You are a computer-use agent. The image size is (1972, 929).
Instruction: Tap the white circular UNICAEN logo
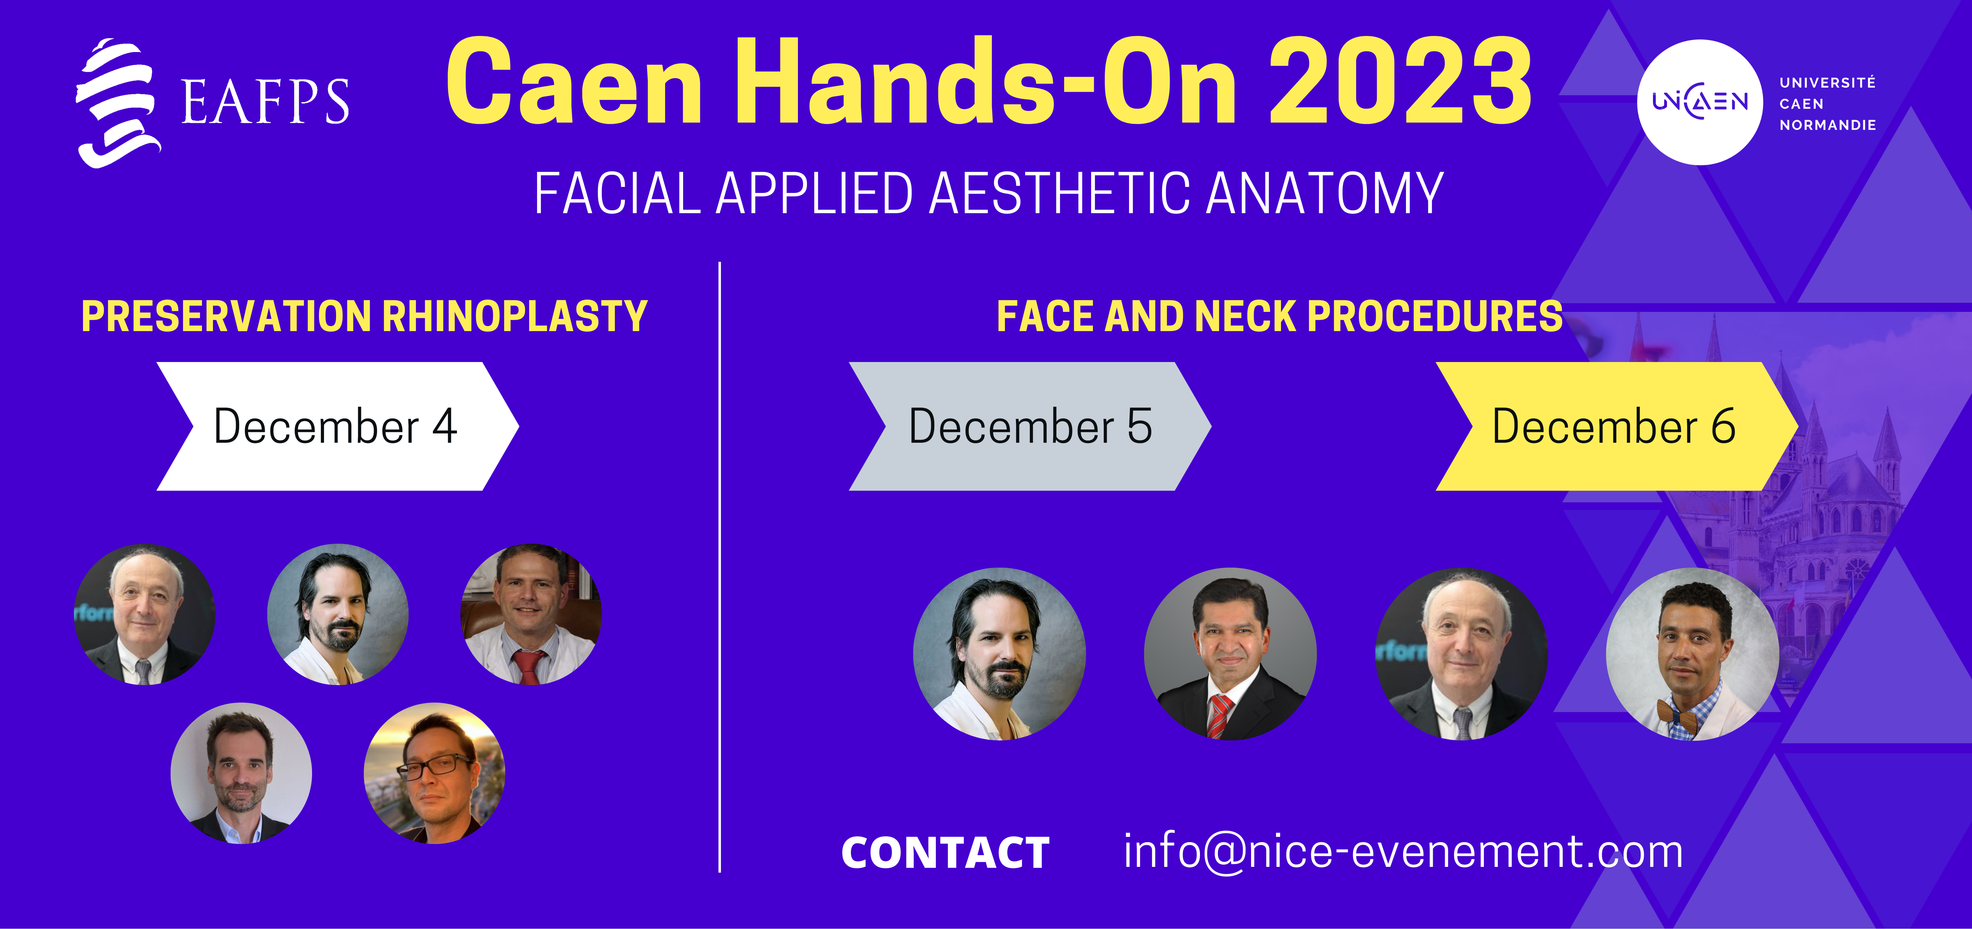tap(1699, 102)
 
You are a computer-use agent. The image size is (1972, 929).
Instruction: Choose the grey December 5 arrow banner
tap(1030, 426)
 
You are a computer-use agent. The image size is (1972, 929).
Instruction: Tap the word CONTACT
tap(945, 852)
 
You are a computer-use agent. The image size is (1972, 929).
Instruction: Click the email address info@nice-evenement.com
tap(1403, 851)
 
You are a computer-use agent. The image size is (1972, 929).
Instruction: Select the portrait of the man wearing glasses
tap(434, 773)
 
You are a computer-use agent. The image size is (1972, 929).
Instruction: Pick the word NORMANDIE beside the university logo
tap(1827, 125)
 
